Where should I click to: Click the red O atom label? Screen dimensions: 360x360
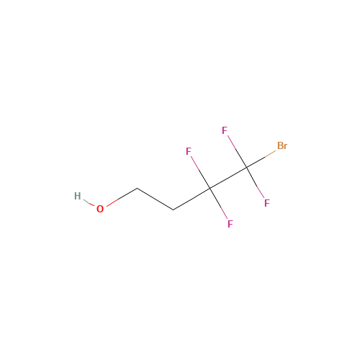[100, 209]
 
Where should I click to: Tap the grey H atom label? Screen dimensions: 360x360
[78, 196]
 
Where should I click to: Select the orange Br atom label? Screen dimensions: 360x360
[282, 145]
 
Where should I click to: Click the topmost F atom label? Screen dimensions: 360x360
[225, 130]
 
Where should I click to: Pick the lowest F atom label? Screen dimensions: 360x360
[230, 224]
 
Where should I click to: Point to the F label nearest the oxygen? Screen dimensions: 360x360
[189, 151]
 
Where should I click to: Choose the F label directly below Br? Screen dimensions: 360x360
[267, 203]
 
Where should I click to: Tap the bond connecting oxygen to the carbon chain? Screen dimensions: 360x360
[122, 197]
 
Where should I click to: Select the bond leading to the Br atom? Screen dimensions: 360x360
[261, 159]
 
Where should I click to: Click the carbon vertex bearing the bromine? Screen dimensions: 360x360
[246, 168]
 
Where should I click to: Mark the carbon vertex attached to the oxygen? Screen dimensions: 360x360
[138, 189]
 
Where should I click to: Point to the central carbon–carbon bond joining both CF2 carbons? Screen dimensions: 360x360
[228, 178]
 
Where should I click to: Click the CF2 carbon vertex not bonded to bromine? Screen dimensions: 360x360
[210, 189]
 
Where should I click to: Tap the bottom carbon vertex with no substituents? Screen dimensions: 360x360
[174, 210]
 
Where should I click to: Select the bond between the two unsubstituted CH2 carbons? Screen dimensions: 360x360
[156, 199]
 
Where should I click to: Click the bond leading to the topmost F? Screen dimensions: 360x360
[237, 152]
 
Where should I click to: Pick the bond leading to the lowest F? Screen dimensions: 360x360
[218, 204]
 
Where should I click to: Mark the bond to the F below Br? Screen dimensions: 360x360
[255, 183]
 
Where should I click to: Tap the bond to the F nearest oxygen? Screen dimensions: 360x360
[200, 173]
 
